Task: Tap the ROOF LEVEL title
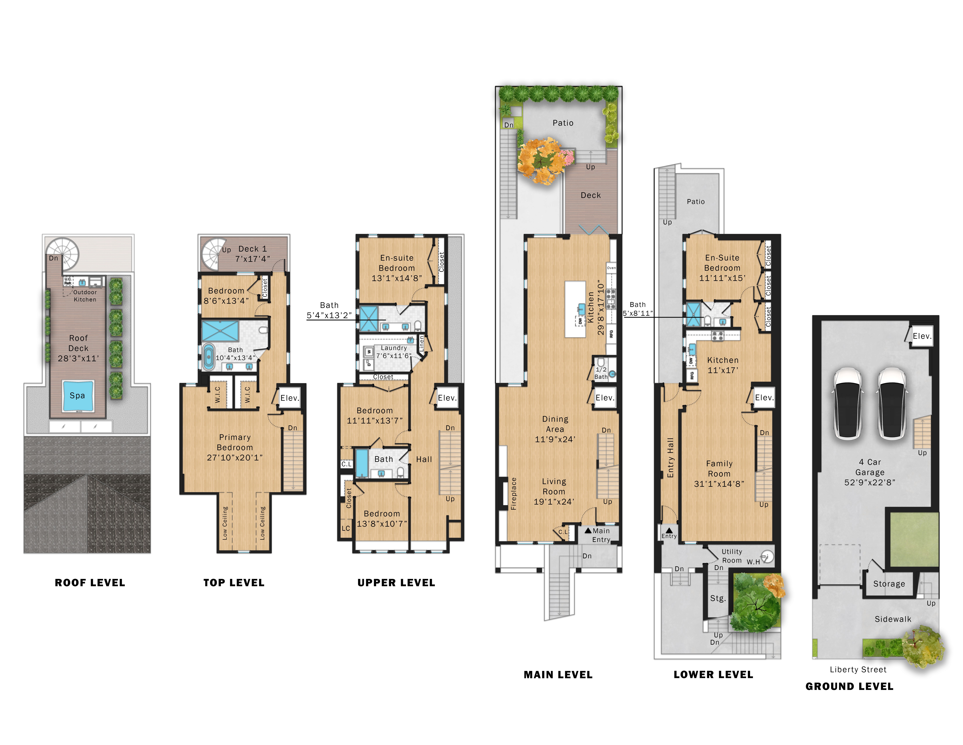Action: click(90, 583)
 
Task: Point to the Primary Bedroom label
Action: click(235, 442)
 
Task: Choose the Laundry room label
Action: click(394, 348)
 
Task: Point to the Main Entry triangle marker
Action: click(588, 530)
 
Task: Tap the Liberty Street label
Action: click(858, 669)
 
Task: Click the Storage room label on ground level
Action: click(889, 584)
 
